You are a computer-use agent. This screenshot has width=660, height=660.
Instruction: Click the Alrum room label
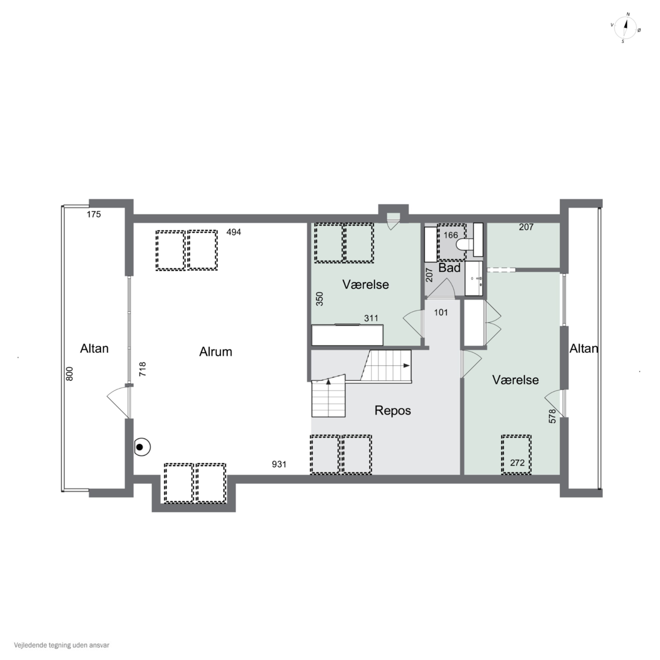(x=216, y=352)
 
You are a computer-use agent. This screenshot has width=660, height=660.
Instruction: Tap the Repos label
(x=392, y=410)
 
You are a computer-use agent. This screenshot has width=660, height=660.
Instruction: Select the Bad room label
(x=449, y=268)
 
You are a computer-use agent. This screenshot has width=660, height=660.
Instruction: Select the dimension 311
(x=371, y=318)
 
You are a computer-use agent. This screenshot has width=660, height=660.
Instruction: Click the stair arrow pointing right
(x=406, y=365)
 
